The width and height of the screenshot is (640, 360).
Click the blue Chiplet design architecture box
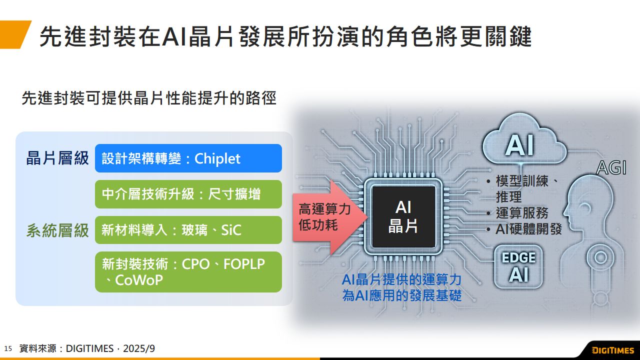pyautogui.click(x=188, y=158)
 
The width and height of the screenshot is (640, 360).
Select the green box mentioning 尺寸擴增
pyautogui.click(x=188, y=194)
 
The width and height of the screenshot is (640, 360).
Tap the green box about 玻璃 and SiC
pyautogui.click(x=188, y=230)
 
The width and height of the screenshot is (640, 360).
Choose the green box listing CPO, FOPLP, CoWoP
pyautogui.click(x=188, y=272)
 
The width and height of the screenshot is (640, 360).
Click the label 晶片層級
pyautogui.click(x=57, y=158)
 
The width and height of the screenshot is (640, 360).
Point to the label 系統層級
pyautogui.click(x=57, y=230)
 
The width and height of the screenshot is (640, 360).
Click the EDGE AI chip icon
pyautogui.click(x=518, y=266)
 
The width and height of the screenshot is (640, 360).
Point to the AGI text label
pyautogui.click(x=611, y=168)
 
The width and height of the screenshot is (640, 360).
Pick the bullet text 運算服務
pyautogui.click(x=522, y=212)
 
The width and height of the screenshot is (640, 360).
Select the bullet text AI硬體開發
pyautogui.click(x=528, y=229)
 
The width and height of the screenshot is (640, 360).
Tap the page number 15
pyautogui.click(x=7, y=348)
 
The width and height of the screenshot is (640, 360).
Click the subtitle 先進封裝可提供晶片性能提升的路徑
pyautogui.click(x=148, y=98)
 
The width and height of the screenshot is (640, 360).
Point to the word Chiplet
pyautogui.click(x=217, y=159)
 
